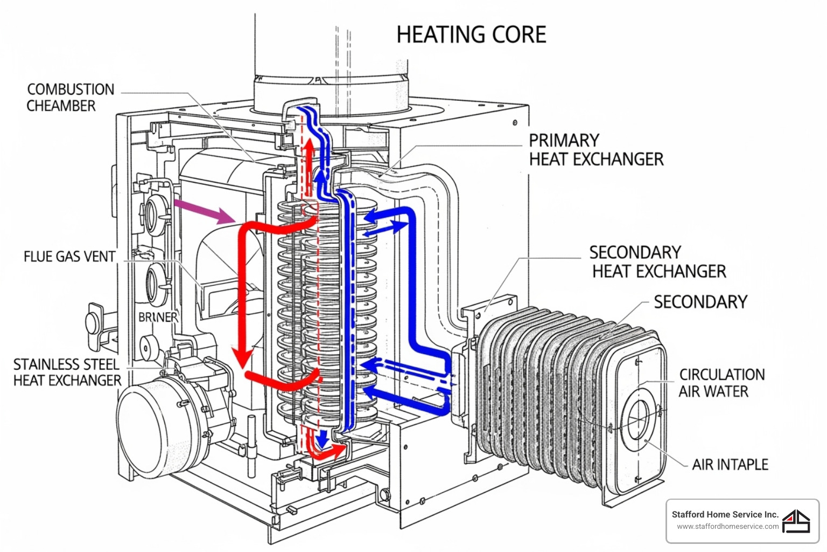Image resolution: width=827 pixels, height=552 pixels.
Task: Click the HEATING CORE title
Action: (x=471, y=35)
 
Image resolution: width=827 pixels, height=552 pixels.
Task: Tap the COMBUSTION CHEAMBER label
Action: (x=70, y=98)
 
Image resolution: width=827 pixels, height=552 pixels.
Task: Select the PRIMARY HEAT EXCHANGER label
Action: (x=595, y=150)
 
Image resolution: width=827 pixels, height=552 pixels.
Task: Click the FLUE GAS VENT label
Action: (x=69, y=257)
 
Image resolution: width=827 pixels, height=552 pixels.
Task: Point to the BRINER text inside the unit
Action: (x=158, y=317)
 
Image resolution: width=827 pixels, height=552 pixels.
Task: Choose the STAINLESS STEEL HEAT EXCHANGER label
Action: (x=67, y=372)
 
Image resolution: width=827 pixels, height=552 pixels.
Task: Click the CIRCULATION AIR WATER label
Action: (x=721, y=383)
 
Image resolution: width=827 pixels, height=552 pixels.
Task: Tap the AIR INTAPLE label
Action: (x=730, y=465)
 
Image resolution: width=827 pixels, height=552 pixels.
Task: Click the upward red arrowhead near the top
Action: (x=309, y=148)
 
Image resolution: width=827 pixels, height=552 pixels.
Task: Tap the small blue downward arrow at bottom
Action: (x=322, y=439)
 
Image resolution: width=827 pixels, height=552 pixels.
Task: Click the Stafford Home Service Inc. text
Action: (x=725, y=514)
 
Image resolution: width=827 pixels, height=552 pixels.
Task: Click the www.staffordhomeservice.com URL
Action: (x=727, y=527)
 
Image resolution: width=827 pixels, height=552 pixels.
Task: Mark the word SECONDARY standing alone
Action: (x=700, y=302)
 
